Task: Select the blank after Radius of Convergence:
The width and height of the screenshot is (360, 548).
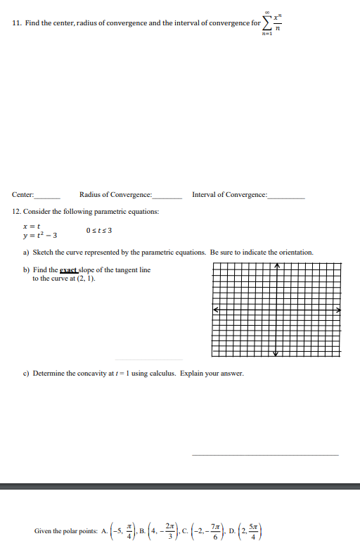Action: tap(167, 197)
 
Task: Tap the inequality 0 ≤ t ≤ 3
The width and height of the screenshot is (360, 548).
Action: tap(99, 230)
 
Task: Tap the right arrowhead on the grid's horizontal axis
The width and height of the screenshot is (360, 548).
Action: tap(337, 310)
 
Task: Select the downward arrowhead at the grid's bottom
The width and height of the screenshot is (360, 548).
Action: tap(277, 353)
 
